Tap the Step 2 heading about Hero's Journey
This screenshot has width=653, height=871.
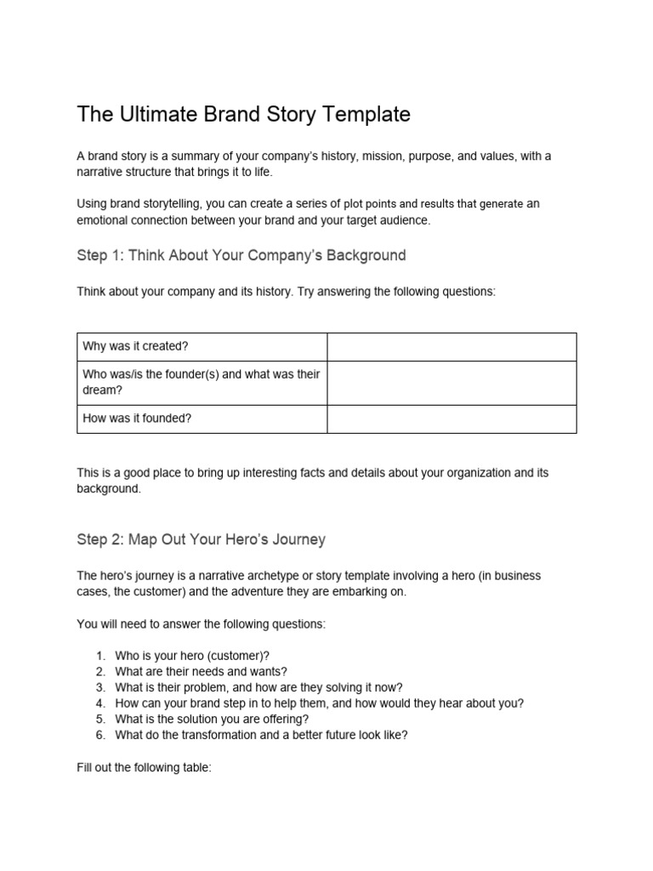(x=201, y=539)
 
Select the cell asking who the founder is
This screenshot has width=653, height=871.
(x=202, y=382)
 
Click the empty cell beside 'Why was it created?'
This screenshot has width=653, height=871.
(x=451, y=346)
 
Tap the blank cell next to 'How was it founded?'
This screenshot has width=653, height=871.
(x=451, y=418)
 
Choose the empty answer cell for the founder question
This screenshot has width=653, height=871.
(x=451, y=382)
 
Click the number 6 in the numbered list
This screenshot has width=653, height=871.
(x=99, y=735)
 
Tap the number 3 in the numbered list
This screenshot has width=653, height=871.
(x=99, y=687)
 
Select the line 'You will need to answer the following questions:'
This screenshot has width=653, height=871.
(x=201, y=623)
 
